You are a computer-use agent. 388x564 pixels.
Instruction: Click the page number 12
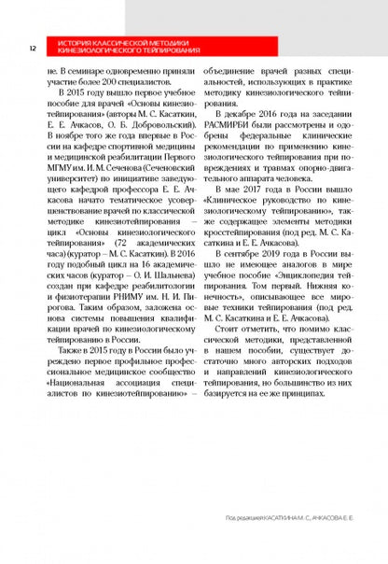click(33, 48)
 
